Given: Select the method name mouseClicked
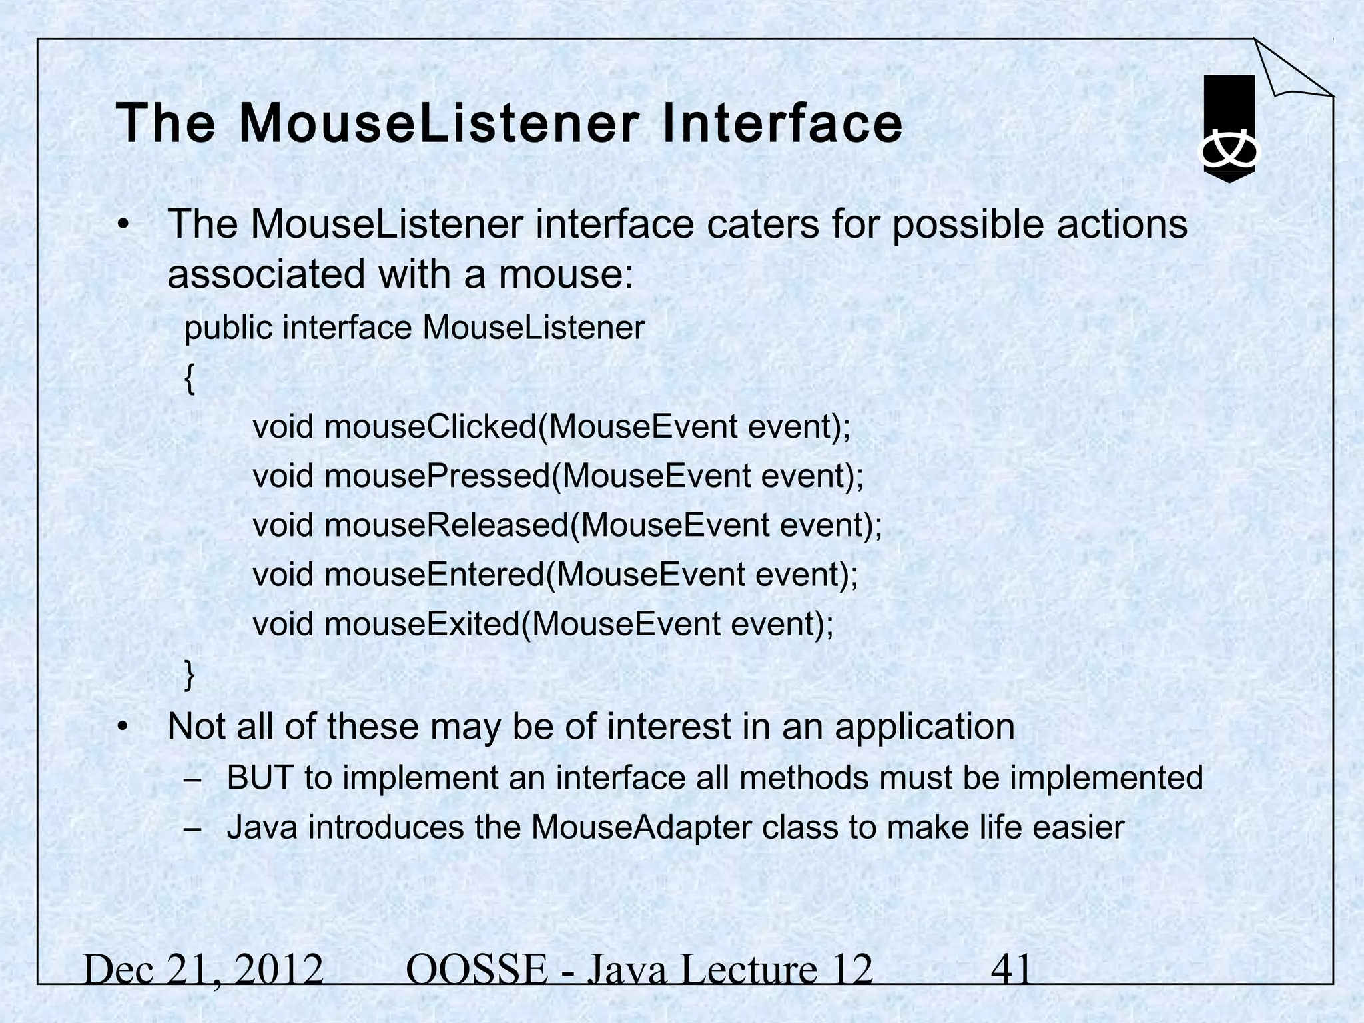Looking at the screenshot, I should tap(430, 427).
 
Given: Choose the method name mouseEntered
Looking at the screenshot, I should tap(434, 575).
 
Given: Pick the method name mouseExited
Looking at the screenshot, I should tap(422, 624).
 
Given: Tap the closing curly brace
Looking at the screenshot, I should tap(190, 675).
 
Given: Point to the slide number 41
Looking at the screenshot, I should tap(1011, 970).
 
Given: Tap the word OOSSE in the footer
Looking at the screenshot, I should tap(476, 970).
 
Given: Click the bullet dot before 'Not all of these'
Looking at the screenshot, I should tap(122, 727).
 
